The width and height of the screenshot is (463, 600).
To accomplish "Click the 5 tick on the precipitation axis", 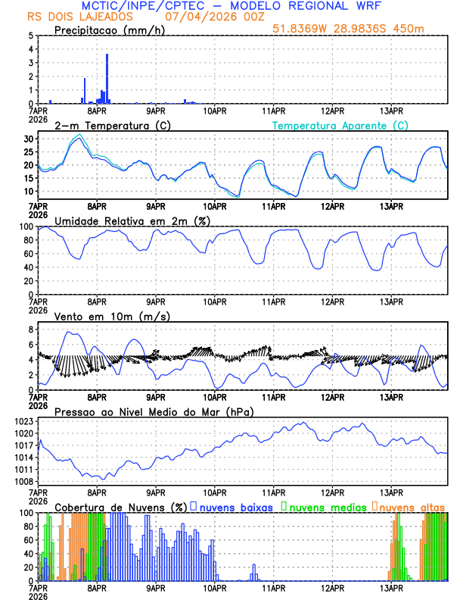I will coord(30,36).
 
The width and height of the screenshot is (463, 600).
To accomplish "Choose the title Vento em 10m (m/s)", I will coord(112,316).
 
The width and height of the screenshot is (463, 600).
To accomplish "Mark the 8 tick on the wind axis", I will coord(30,330).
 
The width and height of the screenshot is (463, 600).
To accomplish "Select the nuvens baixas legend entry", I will coord(234,506).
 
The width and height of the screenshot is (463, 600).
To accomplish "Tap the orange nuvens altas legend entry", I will coord(412,506).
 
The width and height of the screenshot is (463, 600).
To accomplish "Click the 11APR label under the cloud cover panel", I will coord(274,588).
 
